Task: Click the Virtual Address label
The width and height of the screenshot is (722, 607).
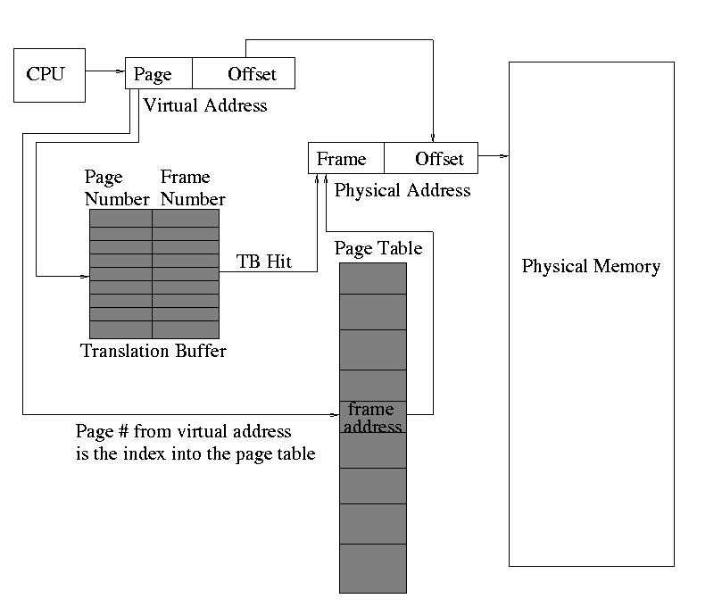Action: tap(204, 105)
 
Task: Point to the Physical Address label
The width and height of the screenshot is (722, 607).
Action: tap(402, 190)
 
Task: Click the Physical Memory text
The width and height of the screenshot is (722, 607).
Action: tap(591, 266)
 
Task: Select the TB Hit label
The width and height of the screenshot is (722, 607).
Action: tap(264, 262)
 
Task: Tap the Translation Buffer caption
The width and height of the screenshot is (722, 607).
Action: tap(154, 351)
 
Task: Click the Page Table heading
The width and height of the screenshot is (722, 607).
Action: tap(378, 248)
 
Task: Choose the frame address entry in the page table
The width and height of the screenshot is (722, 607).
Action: tap(372, 418)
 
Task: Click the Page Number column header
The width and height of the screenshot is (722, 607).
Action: tap(116, 188)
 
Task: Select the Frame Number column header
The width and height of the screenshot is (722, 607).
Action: tap(192, 188)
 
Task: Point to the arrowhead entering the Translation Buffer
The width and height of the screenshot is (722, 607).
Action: tap(85, 276)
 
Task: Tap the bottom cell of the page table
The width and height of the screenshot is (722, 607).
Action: tap(372, 568)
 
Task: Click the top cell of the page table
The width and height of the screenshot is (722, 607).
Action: tap(372, 278)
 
